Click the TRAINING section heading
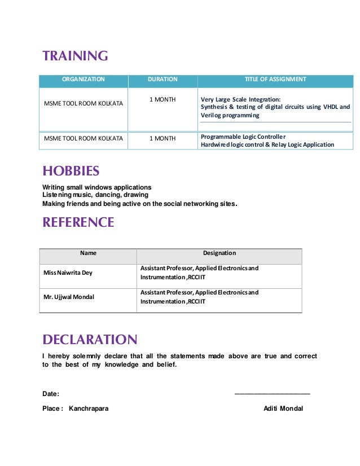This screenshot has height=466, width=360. pos(75,56)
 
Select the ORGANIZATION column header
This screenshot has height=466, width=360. pos(82,80)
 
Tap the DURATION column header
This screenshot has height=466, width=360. pos(163,80)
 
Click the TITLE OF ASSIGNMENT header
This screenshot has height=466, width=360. pos(275,80)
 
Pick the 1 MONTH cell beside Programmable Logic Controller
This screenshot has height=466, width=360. pos(163,138)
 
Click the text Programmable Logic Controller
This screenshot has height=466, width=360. pos(243,137)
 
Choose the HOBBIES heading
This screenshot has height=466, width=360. pos(71,171)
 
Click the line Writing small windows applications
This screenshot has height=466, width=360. pos(97,187)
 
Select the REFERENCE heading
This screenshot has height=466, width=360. pos(78,222)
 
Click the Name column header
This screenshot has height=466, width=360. pos(88,253)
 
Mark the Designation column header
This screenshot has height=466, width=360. pos(219,253)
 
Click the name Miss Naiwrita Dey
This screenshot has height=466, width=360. pos(68,273)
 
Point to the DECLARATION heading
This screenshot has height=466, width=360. pos(90,340)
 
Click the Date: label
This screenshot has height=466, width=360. pos(51,394)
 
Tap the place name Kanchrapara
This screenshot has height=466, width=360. pos(89,408)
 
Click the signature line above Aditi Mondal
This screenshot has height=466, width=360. pos(272,393)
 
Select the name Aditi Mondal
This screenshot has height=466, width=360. pos(283,408)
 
